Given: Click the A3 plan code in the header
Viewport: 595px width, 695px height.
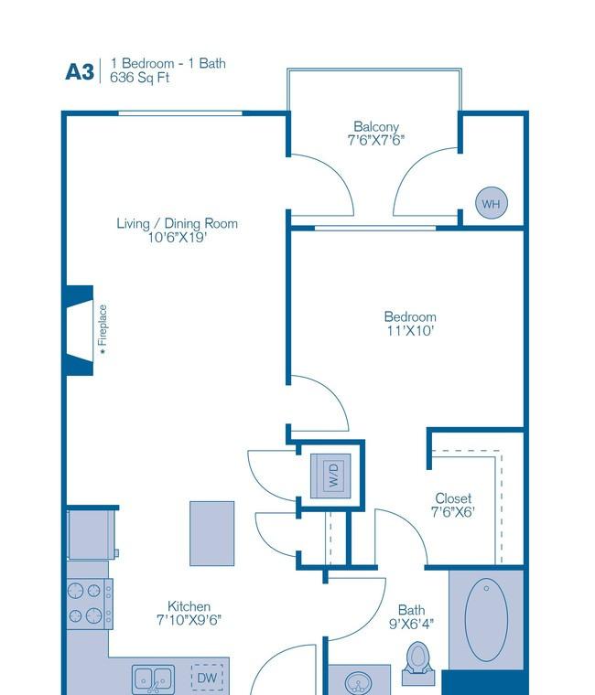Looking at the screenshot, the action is [80, 72].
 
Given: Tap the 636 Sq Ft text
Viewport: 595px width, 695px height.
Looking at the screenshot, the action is [140, 78].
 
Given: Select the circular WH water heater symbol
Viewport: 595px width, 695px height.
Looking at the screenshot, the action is [492, 203].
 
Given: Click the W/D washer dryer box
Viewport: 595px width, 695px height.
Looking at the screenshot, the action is [331, 476].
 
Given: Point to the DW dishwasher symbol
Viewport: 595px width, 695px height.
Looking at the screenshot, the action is [207, 678].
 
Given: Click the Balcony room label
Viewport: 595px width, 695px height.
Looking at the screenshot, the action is [376, 127].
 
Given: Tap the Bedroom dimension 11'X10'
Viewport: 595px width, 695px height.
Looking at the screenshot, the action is [410, 331].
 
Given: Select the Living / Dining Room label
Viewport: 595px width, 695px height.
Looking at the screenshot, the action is [177, 223].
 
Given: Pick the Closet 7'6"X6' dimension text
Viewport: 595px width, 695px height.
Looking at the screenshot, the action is [453, 512].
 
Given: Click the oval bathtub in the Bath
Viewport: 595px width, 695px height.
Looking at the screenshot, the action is [486, 620].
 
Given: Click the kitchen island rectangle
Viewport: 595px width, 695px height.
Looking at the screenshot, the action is [212, 534].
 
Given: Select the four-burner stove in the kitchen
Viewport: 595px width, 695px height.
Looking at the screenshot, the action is [90, 604].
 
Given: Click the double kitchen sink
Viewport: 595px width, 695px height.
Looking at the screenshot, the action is [153, 679].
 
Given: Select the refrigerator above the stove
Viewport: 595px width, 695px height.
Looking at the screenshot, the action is [92, 535].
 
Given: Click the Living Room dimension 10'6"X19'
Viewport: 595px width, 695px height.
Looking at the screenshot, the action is [177, 238].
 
